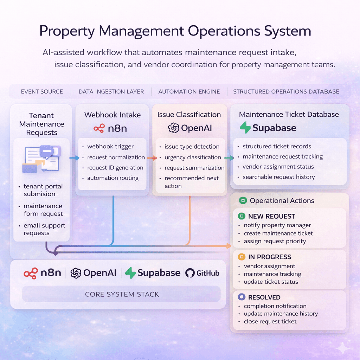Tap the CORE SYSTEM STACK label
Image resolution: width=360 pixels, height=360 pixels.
point(122,294)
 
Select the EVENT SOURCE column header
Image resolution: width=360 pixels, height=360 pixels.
point(42,91)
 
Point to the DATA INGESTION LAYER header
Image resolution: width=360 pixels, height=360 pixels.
point(111,91)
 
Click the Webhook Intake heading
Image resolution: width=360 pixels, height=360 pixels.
point(112,115)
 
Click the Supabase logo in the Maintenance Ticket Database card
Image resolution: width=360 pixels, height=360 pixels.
point(268,128)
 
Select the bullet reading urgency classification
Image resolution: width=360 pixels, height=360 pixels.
point(193,157)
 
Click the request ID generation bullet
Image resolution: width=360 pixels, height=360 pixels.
point(115,168)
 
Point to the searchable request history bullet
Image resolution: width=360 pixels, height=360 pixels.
point(278,177)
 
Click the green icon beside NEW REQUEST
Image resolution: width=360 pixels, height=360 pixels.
point(241,216)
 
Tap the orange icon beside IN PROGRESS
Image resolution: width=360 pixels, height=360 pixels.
point(241,257)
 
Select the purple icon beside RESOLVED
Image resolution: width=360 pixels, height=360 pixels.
point(241,297)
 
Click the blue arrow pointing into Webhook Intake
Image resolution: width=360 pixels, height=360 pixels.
point(74,158)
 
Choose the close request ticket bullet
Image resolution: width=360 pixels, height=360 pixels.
point(270,321)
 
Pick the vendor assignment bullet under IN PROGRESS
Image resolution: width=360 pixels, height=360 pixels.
point(269,266)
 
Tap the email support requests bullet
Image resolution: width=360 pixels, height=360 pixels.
point(44,229)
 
